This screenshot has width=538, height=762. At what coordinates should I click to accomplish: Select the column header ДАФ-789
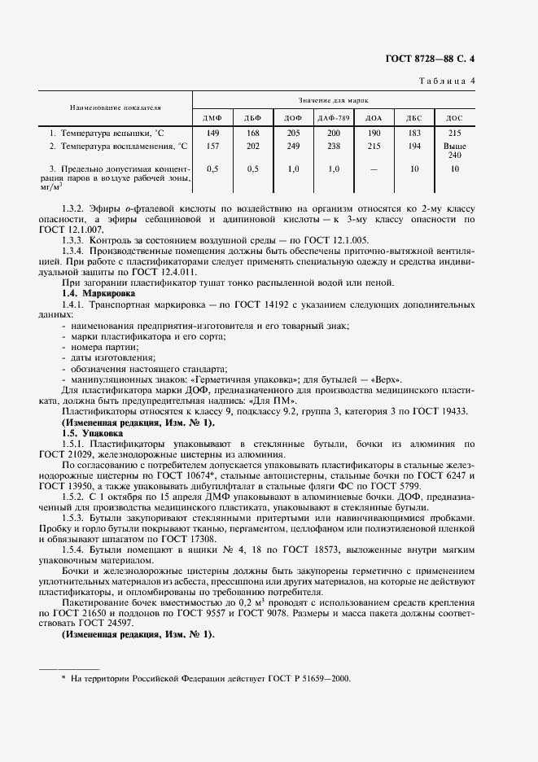(334, 118)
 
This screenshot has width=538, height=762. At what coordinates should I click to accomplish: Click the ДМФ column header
(212, 118)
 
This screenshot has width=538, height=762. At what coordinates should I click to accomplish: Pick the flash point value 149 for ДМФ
(213, 132)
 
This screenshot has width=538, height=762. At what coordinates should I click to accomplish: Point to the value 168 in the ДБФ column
(252, 132)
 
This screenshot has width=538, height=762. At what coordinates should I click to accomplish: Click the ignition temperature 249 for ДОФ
(293, 146)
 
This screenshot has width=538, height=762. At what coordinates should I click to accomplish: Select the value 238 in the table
(334, 146)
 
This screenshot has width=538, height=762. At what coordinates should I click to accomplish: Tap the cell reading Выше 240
(455, 150)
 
